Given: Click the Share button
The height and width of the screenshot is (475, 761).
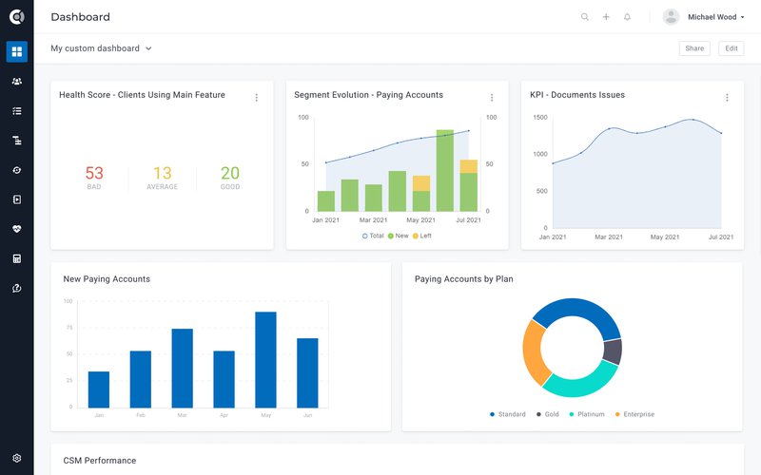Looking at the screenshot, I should pyautogui.click(x=693, y=48).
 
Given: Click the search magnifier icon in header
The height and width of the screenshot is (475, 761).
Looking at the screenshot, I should pyautogui.click(x=585, y=17).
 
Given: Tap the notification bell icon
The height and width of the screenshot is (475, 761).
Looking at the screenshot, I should pyautogui.click(x=627, y=17).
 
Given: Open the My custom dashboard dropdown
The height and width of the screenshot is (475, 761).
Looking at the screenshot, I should pyautogui.click(x=101, y=48).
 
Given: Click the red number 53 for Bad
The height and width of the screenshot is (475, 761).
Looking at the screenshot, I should pyautogui.click(x=94, y=173).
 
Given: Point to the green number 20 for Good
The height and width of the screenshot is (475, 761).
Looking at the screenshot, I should pyautogui.click(x=230, y=173).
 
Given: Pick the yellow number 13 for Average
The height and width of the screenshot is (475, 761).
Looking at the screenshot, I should pyautogui.click(x=163, y=173).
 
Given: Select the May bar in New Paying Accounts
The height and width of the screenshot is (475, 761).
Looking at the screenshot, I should pyautogui.click(x=265, y=360).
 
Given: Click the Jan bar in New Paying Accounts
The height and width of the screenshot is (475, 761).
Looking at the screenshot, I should pyautogui.click(x=99, y=389).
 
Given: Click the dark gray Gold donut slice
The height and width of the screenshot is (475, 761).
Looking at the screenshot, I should pyautogui.click(x=613, y=352).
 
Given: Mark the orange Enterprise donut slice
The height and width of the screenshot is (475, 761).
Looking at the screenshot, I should pyautogui.click(x=536, y=351).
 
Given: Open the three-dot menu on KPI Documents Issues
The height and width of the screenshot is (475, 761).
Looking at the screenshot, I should pyautogui.click(x=727, y=97).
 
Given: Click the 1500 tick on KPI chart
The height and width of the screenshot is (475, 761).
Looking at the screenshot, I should pyautogui.click(x=539, y=118).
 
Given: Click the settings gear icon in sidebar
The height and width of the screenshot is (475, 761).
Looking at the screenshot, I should pyautogui.click(x=16, y=458).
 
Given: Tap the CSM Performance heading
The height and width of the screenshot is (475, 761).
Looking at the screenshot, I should pyautogui.click(x=99, y=461).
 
